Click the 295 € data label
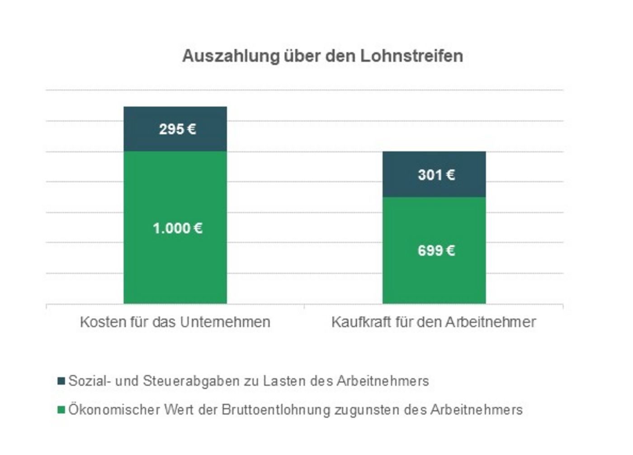click(177, 129)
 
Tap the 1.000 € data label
click(177, 228)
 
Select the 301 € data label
click(436, 175)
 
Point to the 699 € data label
click(436, 251)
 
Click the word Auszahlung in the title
click(231, 56)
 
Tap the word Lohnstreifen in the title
click(411, 56)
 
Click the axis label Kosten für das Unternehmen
click(175, 322)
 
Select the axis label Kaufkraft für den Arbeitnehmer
click(433, 322)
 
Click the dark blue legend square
click(61, 381)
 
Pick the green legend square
click(61, 410)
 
